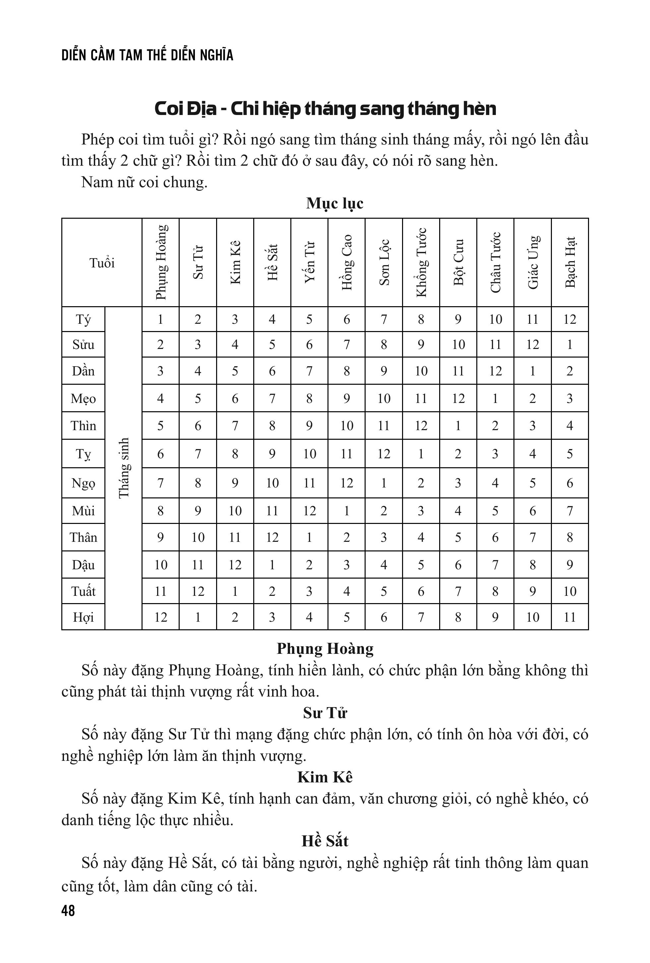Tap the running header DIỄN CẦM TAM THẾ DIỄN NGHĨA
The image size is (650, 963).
[x=147, y=55]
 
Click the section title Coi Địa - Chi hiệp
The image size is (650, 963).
[x=325, y=109]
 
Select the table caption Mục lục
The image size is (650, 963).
[x=334, y=203]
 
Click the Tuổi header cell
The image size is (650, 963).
[x=102, y=263]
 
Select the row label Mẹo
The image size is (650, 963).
[x=83, y=399]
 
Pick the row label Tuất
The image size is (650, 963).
[x=83, y=591]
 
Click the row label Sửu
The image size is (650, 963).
[x=83, y=344]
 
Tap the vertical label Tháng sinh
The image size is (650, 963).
[x=124, y=468]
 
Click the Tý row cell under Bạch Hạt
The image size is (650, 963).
[x=570, y=319]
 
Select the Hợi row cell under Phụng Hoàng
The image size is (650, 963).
[x=161, y=617]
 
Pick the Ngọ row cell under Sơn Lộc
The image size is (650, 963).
[x=384, y=483]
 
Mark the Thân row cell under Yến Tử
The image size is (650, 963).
[x=309, y=537]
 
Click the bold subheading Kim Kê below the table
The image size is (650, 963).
[x=325, y=777]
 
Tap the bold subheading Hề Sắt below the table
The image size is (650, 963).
[x=325, y=841]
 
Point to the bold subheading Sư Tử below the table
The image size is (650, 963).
[x=325, y=713]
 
